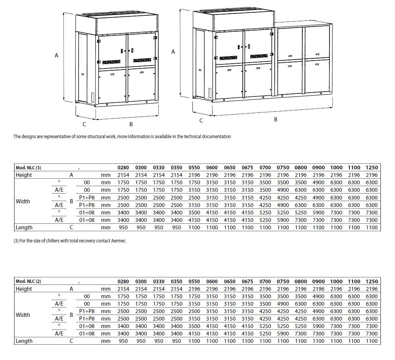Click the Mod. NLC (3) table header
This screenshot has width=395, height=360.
pos(28,168)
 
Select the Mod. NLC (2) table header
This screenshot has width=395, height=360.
pos(28,281)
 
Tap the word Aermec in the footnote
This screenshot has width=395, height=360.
pos(118,241)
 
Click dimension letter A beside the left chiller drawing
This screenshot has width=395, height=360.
pos(57,55)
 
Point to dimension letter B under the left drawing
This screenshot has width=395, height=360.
pos(131,124)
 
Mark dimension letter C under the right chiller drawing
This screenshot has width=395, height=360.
pos(201,120)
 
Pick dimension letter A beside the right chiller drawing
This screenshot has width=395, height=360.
pos(173,52)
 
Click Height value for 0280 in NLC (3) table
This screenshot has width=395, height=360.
pos(123,175)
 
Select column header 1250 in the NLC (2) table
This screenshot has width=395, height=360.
pos(372,281)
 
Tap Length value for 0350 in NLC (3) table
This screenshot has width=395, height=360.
pos(176,227)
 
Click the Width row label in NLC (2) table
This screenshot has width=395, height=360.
pos(23,315)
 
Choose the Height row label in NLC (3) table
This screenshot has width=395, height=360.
pos(24,175)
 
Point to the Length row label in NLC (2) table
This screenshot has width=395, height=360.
pos(24,341)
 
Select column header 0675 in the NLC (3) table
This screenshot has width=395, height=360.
pos(247,168)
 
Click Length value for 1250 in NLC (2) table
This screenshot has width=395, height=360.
pos(372,341)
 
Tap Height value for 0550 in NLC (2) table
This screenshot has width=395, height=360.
pos(194,289)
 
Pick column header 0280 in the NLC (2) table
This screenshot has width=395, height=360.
pos(123,281)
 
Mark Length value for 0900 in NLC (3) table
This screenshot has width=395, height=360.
pos(318,227)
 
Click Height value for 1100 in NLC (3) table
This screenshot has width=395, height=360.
pos(354,175)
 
